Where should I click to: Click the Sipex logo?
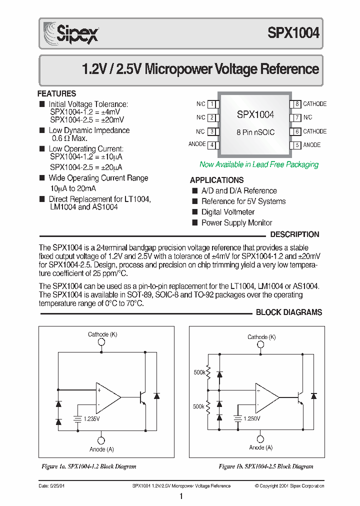click(x=70, y=33)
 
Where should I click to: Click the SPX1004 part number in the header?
click(x=293, y=33)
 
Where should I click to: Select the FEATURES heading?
click(x=57, y=93)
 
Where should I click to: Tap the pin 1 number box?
click(x=212, y=104)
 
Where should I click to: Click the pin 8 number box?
click(x=297, y=104)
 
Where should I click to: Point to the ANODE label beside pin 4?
click(x=197, y=144)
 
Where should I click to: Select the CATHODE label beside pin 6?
click(x=314, y=131)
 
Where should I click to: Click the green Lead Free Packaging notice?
click(x=258, y=164)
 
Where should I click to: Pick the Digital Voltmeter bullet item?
click(x=227, y=212)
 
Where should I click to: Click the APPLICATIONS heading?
click(x=216, y=180)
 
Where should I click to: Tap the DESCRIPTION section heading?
click(x=294, y=234)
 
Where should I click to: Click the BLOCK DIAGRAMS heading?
click(x=289, y=312)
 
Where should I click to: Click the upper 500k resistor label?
click(x=198, y=372)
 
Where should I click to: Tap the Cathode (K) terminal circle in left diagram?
click(x=101, y=342)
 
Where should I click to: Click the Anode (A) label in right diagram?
click(x=260, y=448)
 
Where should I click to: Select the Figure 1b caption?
click(x=266, y=466)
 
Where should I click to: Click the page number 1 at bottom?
click(x=180, y=496)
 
